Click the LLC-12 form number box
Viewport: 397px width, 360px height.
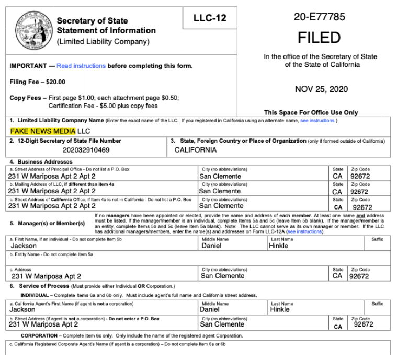210,19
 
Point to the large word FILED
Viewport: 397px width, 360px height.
319,38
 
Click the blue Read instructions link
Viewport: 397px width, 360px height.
81,66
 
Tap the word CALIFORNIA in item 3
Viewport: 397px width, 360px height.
196,150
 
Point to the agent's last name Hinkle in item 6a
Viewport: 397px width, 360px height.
280,309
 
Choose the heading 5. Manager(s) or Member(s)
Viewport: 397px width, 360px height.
48,224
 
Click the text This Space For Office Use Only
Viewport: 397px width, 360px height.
311,112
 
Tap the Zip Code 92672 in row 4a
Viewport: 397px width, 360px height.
360,176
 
